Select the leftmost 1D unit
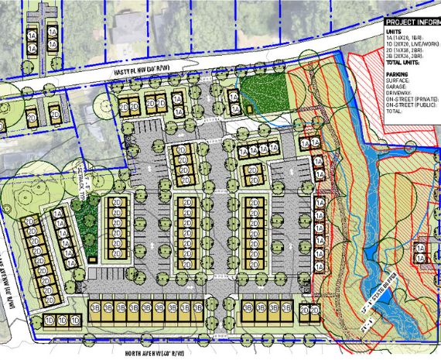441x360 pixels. pos(49,319)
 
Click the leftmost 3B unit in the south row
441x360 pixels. pos(97,308)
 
